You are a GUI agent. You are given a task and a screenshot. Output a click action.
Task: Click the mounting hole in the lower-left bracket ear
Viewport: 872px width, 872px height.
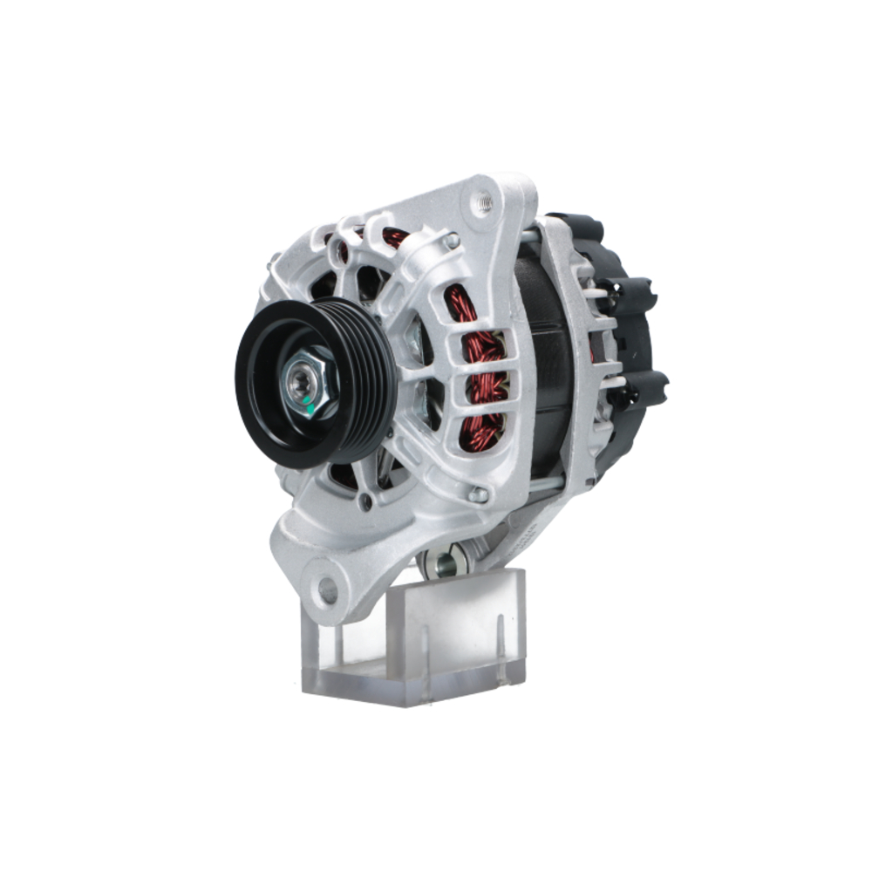point(328,590)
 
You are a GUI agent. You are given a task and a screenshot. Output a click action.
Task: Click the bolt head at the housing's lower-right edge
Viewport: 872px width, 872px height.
point(478,494)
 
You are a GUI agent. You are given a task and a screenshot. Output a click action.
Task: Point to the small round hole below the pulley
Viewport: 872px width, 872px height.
point(366,502)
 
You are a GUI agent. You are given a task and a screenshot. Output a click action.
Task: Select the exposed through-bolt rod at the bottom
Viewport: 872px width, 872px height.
point(545,484)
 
